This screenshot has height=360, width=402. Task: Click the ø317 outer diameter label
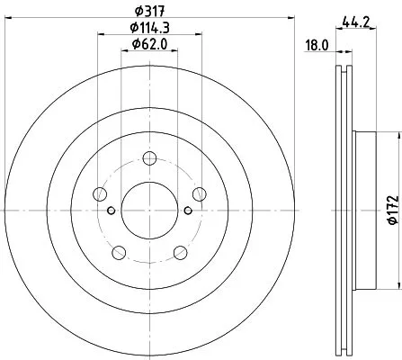[x=148, y=12]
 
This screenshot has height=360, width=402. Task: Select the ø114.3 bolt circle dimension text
[x=148, y=28]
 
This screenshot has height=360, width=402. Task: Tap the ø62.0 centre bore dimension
[x=148, y=44]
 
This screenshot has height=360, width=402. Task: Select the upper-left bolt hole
[x=101, y=194]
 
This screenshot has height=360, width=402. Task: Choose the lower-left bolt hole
[x=119, y=250]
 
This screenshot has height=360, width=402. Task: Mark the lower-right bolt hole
[x=179, y=250]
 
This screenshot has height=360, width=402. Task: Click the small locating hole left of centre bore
[x=112, y=211]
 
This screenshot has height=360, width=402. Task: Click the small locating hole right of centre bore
[x=187, y=211]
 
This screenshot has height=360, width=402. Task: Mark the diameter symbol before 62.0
[x=134, y=44]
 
